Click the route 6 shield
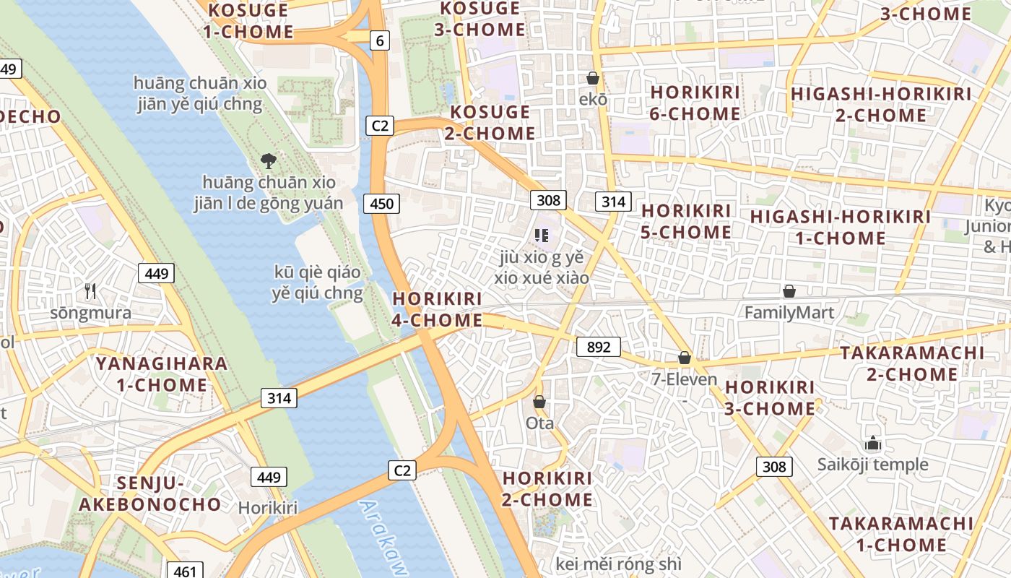tap(380, 40)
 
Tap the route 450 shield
tap(381, 204)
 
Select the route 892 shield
tap(599, 348)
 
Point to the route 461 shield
tap(185, 571)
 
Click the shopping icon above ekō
tap(593, 78)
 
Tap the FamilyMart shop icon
tap(789, 291)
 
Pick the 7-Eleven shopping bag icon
tap(685, 358)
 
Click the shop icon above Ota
tap(539, 402)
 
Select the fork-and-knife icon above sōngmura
tap(90, 291)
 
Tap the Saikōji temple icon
tap(873, 443)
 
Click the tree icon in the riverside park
tap(269, 160)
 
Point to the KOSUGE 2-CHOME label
tap(493, 123)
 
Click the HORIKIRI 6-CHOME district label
tap(695, 103)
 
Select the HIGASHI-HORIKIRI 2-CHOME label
tap(881, 105)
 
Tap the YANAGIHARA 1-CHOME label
tap(162, 374)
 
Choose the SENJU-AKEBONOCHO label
tap(150, 493)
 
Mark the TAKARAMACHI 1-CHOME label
tap(901, 534)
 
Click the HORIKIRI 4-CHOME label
tap(437, 309)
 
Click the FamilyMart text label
tap(789, 313)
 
